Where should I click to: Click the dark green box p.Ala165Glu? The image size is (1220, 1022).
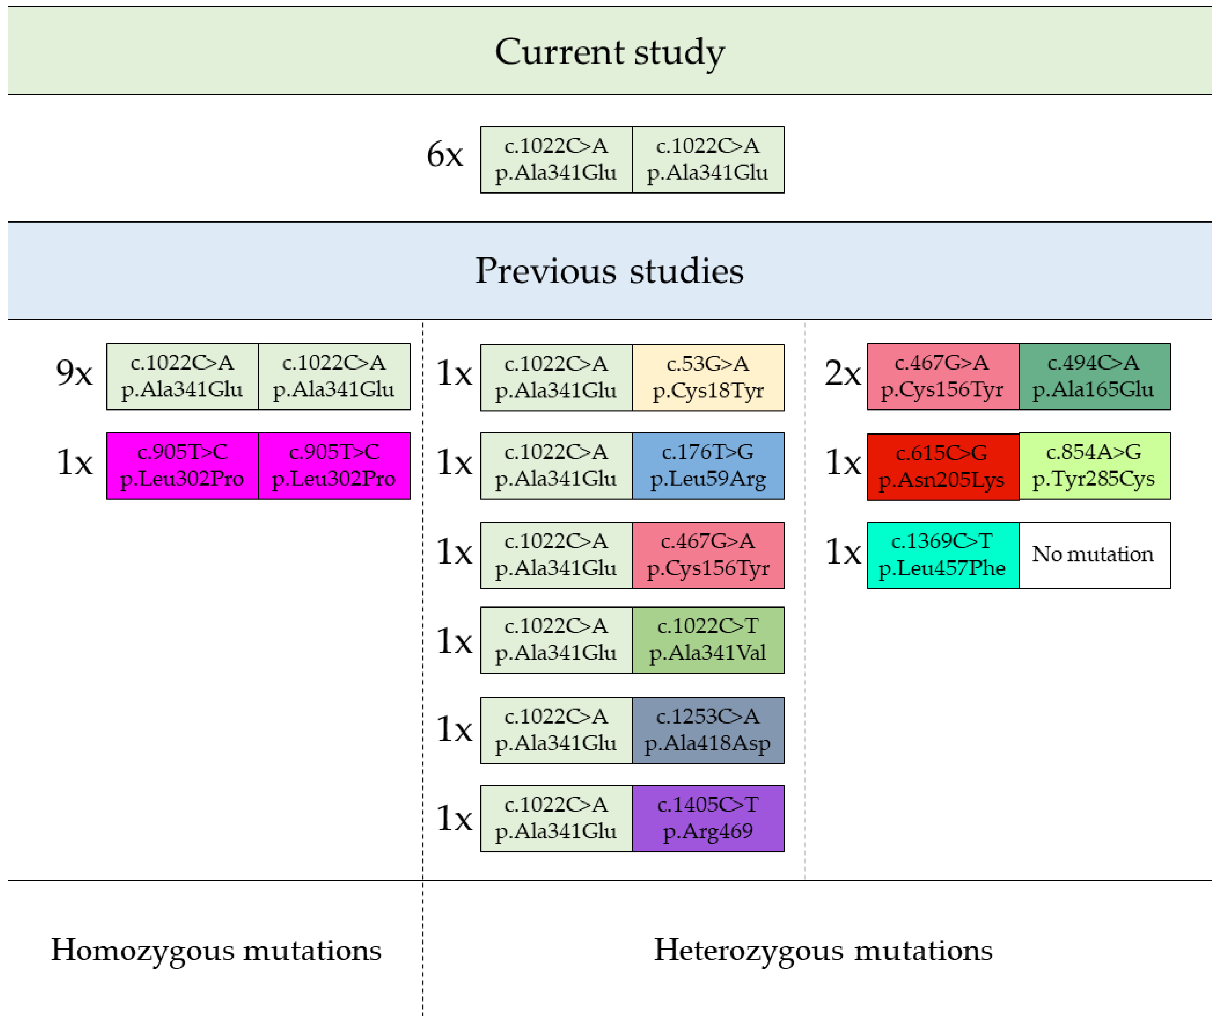(1095, 376)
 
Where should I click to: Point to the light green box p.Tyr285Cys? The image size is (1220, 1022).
(1095, 466)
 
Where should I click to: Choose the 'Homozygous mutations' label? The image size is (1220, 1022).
(216, 950)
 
